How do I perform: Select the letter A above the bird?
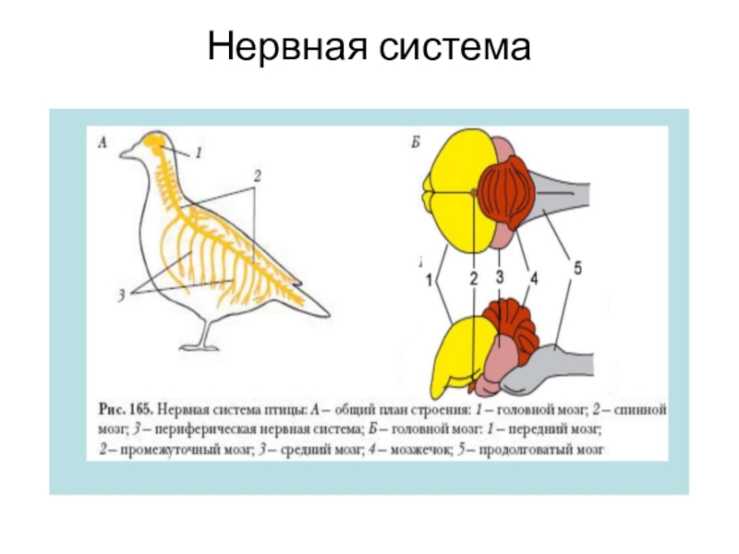[103, 141]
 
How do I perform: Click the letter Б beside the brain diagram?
[417, 141]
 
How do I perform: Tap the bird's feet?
[200, 346]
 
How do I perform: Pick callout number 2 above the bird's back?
[259, 175]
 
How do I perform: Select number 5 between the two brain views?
[576, 269]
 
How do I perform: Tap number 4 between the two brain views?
[532, 276]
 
